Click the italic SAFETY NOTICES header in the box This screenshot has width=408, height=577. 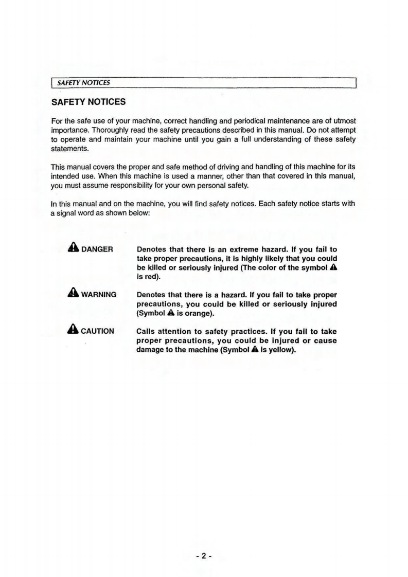[x=83, y=82]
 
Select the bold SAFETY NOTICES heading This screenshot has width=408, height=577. [x=88, y=102]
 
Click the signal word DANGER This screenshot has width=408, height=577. [x=97, y=250]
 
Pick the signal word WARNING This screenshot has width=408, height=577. [x=99, y=295]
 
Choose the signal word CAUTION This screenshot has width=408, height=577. [x=98, y=331]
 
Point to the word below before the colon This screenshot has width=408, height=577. [x=137, y=213]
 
